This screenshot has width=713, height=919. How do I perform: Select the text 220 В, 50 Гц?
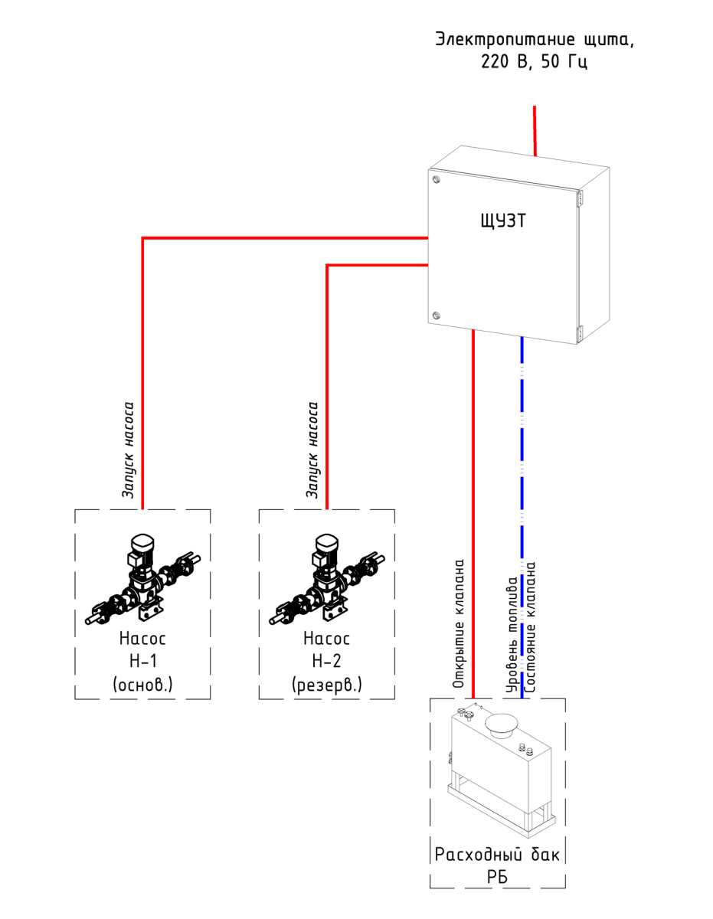[535, 62]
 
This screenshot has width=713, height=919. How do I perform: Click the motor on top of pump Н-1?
[142, 545]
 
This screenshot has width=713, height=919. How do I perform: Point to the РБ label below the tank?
[498, 877]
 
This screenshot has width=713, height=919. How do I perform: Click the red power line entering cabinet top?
[535, 130]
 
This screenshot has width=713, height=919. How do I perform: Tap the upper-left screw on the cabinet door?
[436, 180]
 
